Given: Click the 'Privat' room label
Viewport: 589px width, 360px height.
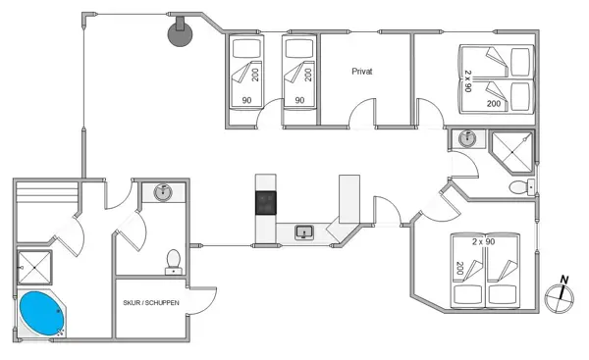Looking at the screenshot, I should click(363, 72).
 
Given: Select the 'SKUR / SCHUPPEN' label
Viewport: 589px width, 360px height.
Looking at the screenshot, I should click(150, 304).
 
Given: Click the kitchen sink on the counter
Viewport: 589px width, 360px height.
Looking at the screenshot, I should click(304, 232).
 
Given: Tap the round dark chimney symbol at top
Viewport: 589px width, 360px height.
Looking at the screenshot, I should click(180, 31).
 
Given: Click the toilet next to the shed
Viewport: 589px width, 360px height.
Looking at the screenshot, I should click(173, 259).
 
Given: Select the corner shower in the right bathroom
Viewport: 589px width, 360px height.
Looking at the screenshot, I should click(512, 148).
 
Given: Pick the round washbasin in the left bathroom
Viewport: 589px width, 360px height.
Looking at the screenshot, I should click(163, 192).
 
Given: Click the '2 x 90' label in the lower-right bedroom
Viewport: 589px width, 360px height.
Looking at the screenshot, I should click(482, 240).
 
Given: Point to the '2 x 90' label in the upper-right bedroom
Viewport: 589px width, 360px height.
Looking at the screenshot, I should click(469, 81).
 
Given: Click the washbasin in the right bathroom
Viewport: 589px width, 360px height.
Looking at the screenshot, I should click(464, 140).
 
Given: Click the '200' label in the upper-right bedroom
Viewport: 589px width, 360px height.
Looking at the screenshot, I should click(494, 102).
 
